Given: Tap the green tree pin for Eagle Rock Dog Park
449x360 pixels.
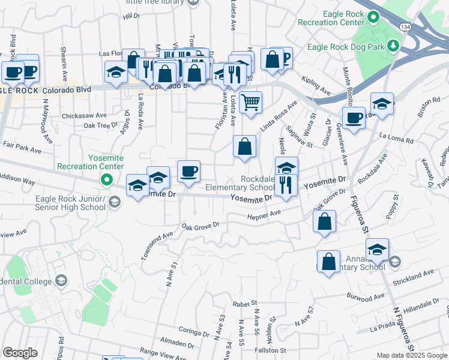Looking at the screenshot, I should tap(393, 46).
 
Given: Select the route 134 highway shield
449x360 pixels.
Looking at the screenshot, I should tap(406, 28).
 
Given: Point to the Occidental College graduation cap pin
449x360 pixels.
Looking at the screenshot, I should tap(61, 280).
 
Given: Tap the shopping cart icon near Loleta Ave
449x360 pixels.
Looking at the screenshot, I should tap(250, 101).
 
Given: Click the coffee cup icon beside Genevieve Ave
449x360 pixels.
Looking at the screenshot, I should tap(354, 117).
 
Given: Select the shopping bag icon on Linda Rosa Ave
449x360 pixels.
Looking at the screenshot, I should tap(244, 146).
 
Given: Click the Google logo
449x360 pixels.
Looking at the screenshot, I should tap(20, 353).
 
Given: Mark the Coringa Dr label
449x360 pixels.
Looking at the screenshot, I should tap(193, 331).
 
